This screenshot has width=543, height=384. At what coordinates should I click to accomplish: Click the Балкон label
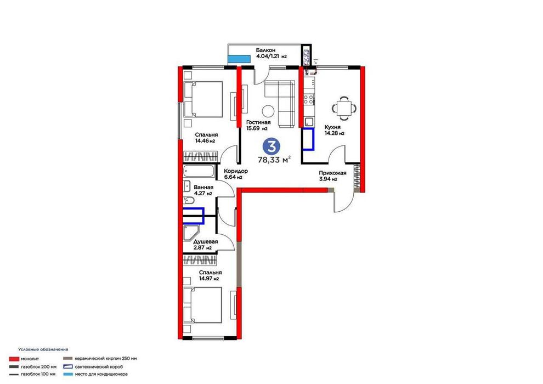tap(265, 50)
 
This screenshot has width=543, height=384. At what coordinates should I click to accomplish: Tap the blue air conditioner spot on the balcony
tap(239, 59)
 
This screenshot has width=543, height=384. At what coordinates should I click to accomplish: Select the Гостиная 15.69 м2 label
tap(258, 125)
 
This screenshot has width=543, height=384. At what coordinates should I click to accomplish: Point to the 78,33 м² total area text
tap(274, 160)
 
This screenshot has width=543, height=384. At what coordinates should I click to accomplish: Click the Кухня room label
tap(332, 127)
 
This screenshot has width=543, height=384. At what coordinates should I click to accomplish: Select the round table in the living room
tap(268, 111)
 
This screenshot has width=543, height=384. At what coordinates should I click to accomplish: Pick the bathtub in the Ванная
tap(199, 171)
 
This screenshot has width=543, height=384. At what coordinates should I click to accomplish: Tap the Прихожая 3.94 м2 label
tap(332, 176)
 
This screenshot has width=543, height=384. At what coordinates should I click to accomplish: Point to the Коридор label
tap(235, 171)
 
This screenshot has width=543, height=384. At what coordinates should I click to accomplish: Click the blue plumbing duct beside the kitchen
tap(308, 139)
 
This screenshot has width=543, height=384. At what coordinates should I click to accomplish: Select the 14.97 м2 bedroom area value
tap(209, 278)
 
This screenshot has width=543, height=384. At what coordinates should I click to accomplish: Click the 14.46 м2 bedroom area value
tap(205, 141)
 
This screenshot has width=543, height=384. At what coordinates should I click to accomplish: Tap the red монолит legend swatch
tap(14, 359)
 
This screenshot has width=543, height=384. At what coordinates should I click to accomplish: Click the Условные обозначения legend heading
tap(43, 349)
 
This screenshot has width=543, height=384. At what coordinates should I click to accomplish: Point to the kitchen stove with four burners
tap(309, 100)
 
